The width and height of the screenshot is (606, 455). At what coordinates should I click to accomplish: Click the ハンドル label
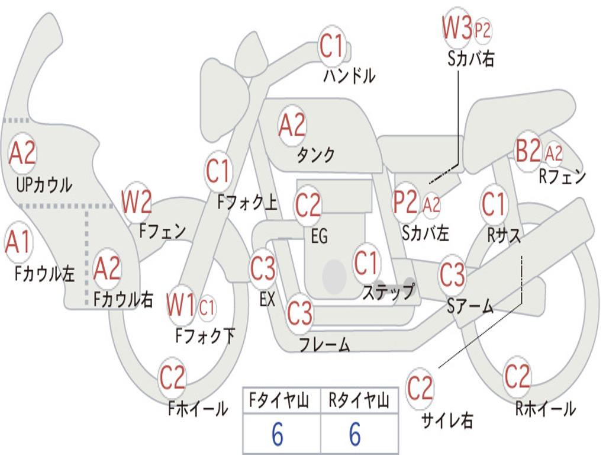tap(349, 76)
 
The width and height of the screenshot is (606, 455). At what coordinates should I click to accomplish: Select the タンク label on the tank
tap(315, 155)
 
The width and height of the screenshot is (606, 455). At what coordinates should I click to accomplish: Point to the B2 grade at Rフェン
tap(528, 151)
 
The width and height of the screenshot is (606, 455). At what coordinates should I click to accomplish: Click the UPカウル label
tap(44, 184)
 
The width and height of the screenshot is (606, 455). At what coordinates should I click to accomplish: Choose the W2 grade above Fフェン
tap(137, 202)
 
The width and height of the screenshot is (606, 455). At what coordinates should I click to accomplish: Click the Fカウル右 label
tap(124, 299)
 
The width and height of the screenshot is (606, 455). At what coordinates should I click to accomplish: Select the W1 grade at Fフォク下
tap(181, 306)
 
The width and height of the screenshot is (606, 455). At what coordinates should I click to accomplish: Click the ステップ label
tap(389, 292)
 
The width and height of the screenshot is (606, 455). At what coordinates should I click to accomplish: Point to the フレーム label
tap(324, 344)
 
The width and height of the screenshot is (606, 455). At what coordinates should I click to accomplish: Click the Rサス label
tap(504, 235)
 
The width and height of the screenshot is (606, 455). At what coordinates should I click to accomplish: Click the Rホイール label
tap(545, 408)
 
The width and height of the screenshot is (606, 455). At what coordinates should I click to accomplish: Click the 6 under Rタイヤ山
tap(354, 435)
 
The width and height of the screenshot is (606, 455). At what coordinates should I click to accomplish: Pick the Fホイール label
tap(198, 408)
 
